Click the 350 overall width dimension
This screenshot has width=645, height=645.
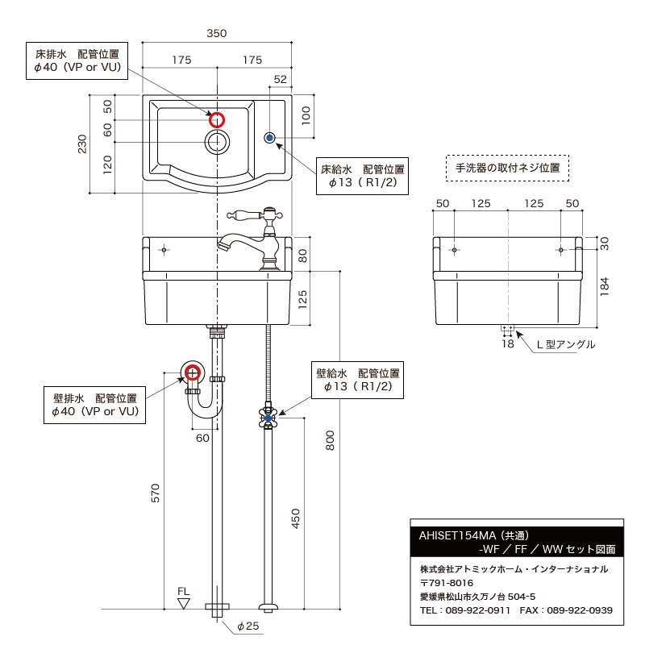coord(216,33)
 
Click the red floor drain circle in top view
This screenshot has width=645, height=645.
coord(217,120)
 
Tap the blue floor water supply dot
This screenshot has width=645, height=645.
coord(270,138)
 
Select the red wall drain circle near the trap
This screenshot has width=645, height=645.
coord(192,372)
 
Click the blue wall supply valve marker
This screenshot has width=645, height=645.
coord(268,417)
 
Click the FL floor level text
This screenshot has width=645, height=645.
coord(184,591)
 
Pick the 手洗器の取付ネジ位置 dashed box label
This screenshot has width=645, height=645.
coord(508,169)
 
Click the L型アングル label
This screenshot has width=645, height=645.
coord(566,344)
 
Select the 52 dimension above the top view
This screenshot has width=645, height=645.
coord(281,79)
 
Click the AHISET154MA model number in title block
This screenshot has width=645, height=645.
coord(456,535)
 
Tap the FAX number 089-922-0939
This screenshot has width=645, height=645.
coord(579,610)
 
